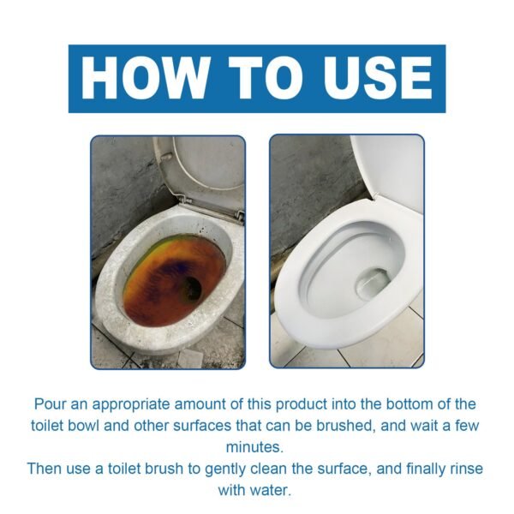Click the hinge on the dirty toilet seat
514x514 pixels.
[x=237, y=215]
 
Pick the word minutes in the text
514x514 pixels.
[x=257, y=447]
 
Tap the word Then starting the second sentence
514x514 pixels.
[x=45, y=469]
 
